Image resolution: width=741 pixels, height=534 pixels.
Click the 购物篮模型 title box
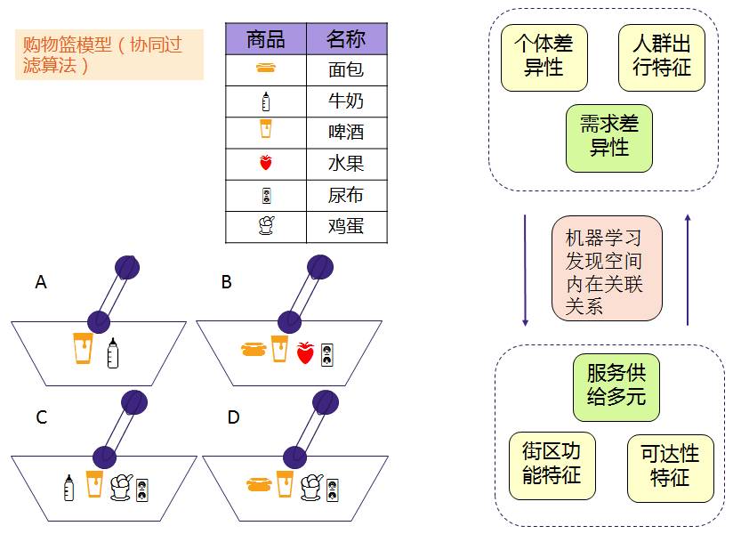coord(109,54)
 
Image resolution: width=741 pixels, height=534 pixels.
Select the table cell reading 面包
coord(346,69)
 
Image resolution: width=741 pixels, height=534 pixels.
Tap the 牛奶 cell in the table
coord(346,101)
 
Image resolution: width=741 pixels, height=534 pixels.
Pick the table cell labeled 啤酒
coord(346,133)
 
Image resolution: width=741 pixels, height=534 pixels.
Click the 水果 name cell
coord(346,164)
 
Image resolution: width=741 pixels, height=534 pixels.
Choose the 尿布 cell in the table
coord(346,196)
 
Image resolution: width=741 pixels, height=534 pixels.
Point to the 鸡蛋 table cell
coord(346,227)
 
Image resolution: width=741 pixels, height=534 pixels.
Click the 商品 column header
coord(265,39)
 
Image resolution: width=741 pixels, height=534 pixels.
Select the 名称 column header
coord(346,39)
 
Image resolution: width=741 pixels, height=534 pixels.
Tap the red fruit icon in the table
coord(265,164)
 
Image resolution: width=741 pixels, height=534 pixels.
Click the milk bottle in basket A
coord(112,353)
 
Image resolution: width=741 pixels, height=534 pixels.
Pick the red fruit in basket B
coord(305,352)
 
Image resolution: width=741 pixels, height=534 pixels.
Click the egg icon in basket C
coord(120,487)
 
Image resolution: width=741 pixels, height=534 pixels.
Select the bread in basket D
coord(258,485)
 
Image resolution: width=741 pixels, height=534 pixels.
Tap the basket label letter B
coord(227,282)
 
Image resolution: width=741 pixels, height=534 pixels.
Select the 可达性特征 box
coord(670,465)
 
